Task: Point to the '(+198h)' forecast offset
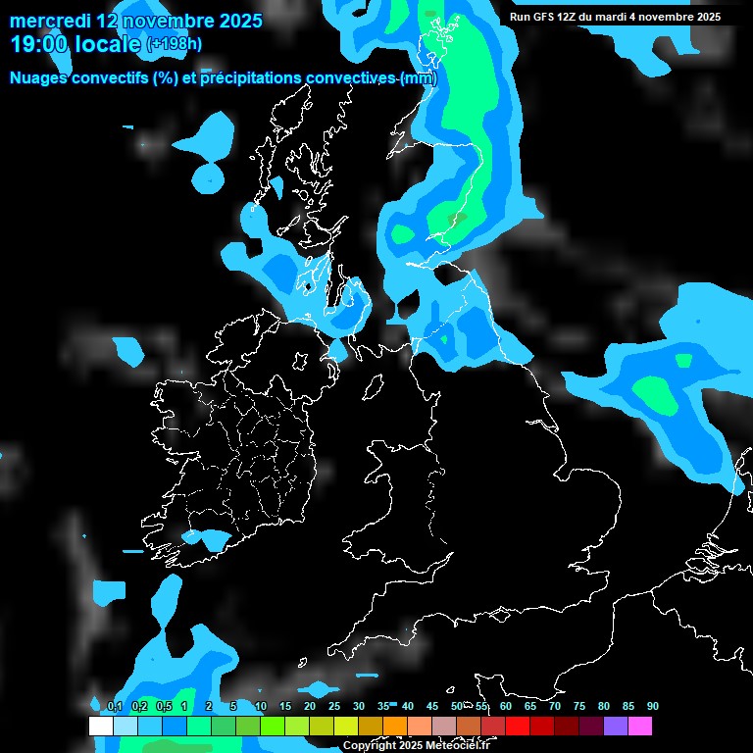coord(175,44)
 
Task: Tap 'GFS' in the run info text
coord(543,17)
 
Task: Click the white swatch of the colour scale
coord(100,727)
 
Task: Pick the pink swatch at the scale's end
coord(640,727)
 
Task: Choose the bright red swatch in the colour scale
coord(518,727)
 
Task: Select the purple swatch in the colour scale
coord(616,727)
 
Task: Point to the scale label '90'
coord(653,706)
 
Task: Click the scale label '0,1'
coord(115,706)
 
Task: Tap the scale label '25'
coord(334,706)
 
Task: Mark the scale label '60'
coord(506,706)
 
